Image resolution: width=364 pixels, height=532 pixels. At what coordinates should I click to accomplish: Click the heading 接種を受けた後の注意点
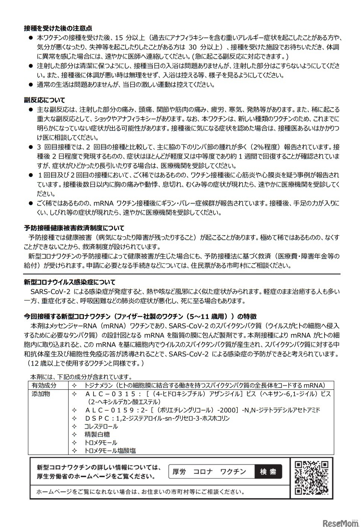click(58, 28)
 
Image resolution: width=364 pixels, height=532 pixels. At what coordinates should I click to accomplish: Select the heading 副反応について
click(44, 100)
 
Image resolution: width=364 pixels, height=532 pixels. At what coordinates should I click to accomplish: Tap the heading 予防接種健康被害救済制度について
click(74, 228)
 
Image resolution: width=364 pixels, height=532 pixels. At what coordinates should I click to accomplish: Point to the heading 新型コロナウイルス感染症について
click(69, 282)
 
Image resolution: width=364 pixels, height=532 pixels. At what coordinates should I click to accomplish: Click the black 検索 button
click(268, 472)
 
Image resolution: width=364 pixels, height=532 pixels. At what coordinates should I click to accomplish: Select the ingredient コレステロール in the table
click(101, 426)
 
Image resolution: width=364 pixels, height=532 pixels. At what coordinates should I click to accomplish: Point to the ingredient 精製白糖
click(97, 434)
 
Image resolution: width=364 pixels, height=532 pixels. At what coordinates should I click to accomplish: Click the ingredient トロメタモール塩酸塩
click(110, 450)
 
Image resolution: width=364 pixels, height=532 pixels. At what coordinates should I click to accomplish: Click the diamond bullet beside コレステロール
click(74, 426)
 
